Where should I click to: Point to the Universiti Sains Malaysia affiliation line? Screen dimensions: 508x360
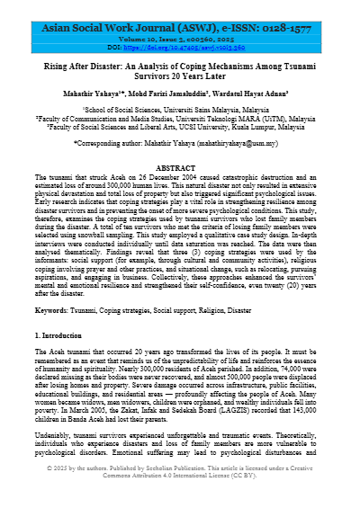click(x=179, y=109)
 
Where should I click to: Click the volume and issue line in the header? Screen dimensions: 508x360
click(x=179, y=30)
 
